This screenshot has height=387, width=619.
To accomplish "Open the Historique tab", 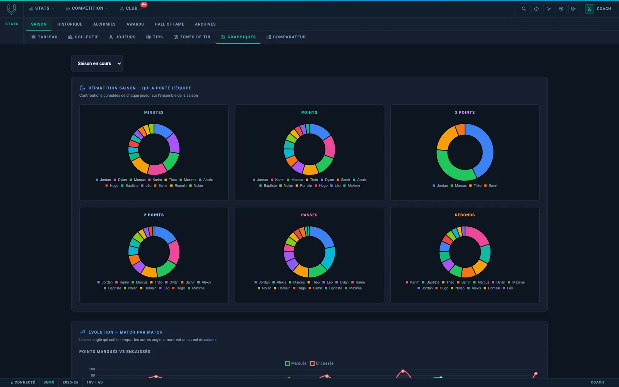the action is click(x=70, y=24).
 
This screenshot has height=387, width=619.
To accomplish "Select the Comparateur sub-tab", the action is click(x=286, y=37).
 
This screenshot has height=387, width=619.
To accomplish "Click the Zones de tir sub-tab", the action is click(x=192, y=37).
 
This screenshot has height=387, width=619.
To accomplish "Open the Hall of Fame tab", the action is click(x=169, y=24).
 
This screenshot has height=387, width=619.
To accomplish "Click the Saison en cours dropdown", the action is click(x=97, y=63).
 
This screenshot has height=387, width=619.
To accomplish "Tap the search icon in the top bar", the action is click(x=524, y=9).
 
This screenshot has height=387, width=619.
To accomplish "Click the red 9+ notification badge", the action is click(x=144, y=4).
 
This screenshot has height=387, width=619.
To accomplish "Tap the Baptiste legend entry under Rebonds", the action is click(x=430, y=282).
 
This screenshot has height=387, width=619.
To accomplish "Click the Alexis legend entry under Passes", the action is click(x=279, y=282).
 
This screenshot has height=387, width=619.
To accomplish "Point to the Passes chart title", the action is click(x=309, y=215).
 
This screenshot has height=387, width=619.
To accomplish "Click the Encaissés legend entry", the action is click(x=321, y=363).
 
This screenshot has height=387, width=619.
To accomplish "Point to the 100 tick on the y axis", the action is click(x=92, y=369).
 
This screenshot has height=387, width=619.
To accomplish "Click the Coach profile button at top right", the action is click(x=598, y=9).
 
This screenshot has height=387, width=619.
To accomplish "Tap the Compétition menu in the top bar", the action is click(x=87, y=9).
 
